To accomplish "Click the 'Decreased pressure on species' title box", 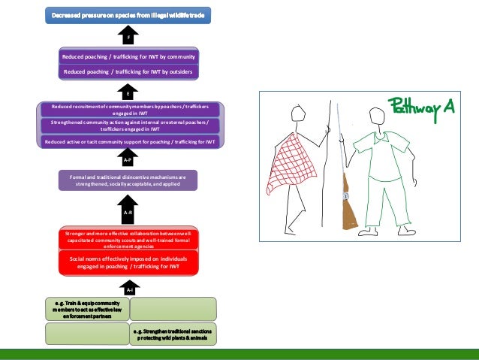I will [x=128, y=14].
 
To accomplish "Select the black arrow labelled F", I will [x=128, y=36].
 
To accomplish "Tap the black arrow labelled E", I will [x=128, y=92].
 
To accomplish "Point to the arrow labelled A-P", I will [x=128, y=159].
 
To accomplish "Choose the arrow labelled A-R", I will [x=128, y=211].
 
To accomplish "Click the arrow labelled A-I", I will [x=128, y=288].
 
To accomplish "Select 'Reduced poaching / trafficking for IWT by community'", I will [x=128, y=56].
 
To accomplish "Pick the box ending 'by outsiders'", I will [x=128, y=71].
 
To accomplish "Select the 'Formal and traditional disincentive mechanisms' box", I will [x=128, y=180].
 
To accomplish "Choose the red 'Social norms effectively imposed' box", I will [x=128, y=262].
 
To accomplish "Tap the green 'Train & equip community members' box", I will [x=86, y=309].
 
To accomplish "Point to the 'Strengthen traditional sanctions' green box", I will [x=173, y=333].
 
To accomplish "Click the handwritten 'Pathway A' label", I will [x=421, y=107].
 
